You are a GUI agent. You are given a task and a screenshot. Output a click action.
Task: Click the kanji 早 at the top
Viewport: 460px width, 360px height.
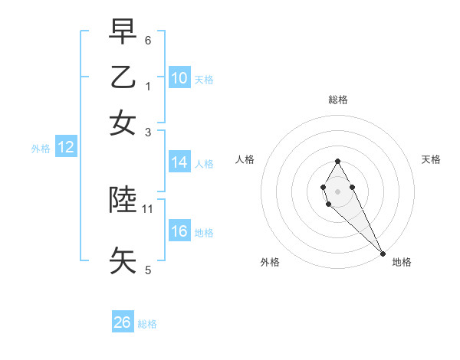coord(123,33)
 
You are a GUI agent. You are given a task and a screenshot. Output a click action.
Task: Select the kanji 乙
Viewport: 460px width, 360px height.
coord(123,77)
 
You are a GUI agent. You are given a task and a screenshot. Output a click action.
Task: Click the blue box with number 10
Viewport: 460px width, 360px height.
coord(179,77)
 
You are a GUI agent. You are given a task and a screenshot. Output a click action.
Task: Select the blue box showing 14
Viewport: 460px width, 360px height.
coord(179,162)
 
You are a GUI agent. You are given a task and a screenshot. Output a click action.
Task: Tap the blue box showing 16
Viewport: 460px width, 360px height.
coord(179,231)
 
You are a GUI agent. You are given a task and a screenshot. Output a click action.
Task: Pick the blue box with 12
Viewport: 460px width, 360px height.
coord(66,147)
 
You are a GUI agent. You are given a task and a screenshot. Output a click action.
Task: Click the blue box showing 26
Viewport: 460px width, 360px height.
coord(123,322)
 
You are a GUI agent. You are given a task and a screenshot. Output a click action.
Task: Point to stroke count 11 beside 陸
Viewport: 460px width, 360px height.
coord(148,208)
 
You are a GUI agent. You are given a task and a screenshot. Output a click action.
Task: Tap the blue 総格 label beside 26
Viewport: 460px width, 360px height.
coord(147,324)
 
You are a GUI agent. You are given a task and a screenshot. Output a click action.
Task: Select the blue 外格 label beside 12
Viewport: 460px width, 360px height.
coord(40,149)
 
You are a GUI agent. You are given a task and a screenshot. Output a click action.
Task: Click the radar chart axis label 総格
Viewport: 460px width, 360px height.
coord(337,100)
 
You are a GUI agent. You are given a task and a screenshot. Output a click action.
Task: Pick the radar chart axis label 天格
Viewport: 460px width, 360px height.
coord(431,159)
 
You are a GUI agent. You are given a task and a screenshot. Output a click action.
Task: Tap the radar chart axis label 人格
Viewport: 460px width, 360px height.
coord(245,159)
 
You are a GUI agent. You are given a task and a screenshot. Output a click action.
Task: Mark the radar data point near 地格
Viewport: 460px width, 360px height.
coord(383,253)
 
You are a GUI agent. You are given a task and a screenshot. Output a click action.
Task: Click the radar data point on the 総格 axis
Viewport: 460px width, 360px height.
coord(337,161)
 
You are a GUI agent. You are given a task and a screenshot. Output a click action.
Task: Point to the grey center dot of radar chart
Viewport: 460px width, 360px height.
coord(337,191)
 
